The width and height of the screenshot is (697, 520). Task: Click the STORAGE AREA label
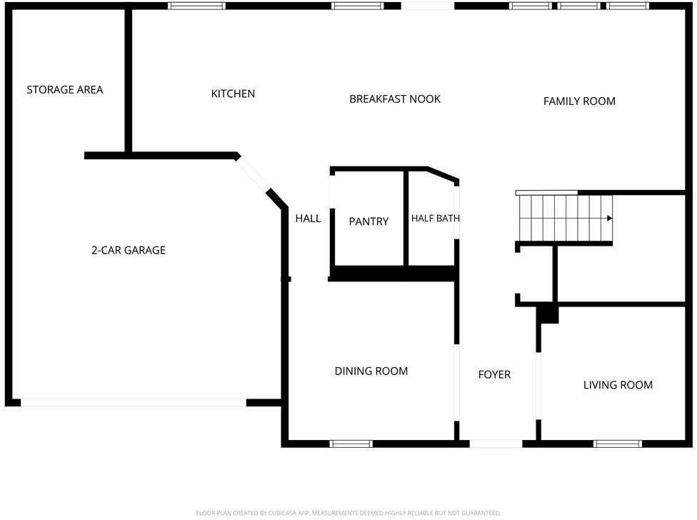[x=65, y=90]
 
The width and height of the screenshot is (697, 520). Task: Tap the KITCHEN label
[x=233, y=94]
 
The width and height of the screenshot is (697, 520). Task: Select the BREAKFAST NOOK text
[x=395, y=99]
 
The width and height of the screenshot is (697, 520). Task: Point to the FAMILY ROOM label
[x=579, y=101]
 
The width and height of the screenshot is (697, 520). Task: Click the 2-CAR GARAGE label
[x=129, y=250]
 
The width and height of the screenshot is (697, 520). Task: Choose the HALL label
[x=308, y=219]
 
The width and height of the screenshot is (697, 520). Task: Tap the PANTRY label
[x=368, y=221]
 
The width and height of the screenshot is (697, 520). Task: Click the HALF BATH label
[x=435, y=219]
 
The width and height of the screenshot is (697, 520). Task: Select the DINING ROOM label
[x=371, y=371]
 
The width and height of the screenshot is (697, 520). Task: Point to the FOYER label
[x=494, y=375]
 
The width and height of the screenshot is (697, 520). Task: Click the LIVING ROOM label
[x=618, y=385]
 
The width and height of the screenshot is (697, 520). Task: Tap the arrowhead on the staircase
[x=609, y=219]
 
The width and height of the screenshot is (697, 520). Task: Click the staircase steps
[x=564, y=218]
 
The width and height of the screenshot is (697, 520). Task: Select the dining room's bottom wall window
[x=351, y=444]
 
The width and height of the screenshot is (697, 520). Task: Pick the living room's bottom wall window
[x=618, y=444]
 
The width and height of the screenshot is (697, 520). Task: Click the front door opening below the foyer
[x=496, y=444]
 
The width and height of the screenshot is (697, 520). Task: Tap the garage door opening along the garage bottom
[x=134, y=403]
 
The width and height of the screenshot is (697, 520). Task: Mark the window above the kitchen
[x=196, y=6]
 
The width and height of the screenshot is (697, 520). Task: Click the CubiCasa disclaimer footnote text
[x=348, y=513]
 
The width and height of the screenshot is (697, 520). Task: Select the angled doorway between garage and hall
[x=253, y=174]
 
